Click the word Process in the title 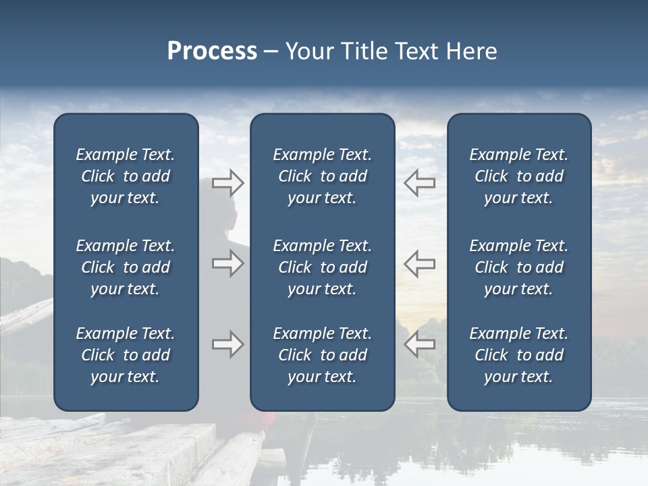(x=212, y=51)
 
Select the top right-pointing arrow (x=227, y=182)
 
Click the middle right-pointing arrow (x=227, y=263)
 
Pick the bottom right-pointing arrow (x=227, y=344)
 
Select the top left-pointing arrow (x=420, y=182)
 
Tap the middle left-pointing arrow (x=420, y=263)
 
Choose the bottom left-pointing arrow (x=420, y=344)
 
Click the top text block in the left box (x=126, y=176)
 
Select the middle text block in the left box (x=126, y=267)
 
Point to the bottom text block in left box (x=126, y=355)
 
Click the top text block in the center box (x=322, y=176)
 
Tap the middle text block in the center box (x=322, y=267)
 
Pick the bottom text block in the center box (x=322, y=355)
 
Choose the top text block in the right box (x=518, y=176)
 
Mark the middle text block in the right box (x=518, y=267)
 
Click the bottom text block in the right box (x=518, y=355)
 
